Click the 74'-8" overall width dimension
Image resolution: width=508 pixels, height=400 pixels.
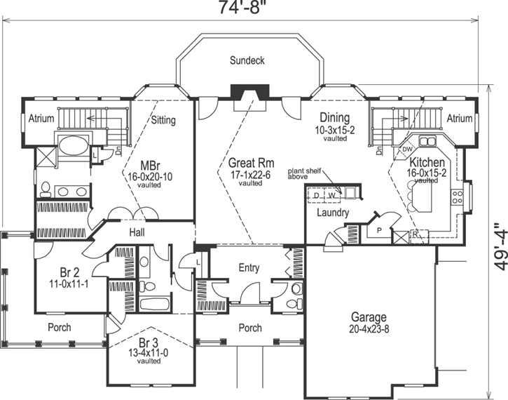click(240, 7)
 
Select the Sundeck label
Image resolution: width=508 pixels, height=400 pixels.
click(247, 60)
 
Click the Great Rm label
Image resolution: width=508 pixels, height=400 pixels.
click(251, 162)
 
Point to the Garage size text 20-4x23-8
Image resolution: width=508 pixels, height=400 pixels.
click(369, 329)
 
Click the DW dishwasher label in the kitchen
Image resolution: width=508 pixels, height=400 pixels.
click(407, 149)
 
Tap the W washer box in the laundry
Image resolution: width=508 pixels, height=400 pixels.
click(331, 195)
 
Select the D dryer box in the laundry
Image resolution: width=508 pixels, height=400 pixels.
click(317, 195)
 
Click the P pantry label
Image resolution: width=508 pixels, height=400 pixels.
click(379, 231)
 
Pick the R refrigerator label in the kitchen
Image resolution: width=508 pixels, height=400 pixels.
click(414, 234)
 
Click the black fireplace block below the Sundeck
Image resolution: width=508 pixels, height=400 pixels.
click(249, 91)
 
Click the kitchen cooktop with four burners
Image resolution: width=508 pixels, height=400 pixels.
click(457, 197)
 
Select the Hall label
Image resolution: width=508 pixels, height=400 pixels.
click(137, 232)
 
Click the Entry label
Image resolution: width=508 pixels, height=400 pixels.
click(249, 268)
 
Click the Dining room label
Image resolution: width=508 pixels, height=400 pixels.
click(335, 117)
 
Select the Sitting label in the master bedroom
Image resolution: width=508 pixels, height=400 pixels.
click(163, 121)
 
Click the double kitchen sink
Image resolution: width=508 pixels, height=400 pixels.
click(427, 142)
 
